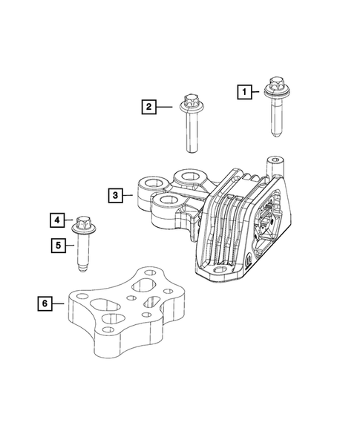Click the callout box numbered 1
(x=243, y=92)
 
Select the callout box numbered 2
(x=148, y=108)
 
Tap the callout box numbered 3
(x=115, y=196)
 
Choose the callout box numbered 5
(x=57, y=243)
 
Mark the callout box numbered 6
(x=45, y=303)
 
